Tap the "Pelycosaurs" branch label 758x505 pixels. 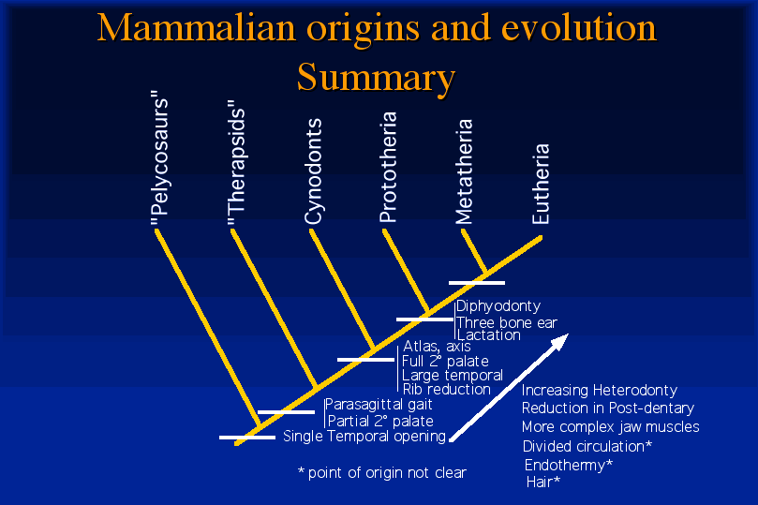(159, 157)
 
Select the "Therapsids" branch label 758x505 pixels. (236, 163)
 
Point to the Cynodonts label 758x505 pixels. (313, 171)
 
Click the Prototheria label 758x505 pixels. (388, 167)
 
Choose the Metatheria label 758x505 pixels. (464, 171)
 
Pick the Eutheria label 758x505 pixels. (541, 184)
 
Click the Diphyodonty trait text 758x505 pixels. (498, 305)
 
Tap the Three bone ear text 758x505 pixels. (507, 322)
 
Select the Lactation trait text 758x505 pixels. (489, 334)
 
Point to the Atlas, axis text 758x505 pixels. (437, 346)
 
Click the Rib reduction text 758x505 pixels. (446, 389)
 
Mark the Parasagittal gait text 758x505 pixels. (379, 404)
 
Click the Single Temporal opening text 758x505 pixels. (364, 436)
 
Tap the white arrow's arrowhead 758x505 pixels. (559, 342)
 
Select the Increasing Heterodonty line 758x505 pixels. (600, 390)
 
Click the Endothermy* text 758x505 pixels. (569, 465)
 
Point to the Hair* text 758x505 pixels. (543, 482)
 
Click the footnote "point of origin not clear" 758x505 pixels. (387, 472)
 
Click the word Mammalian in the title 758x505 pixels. (196, 27)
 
